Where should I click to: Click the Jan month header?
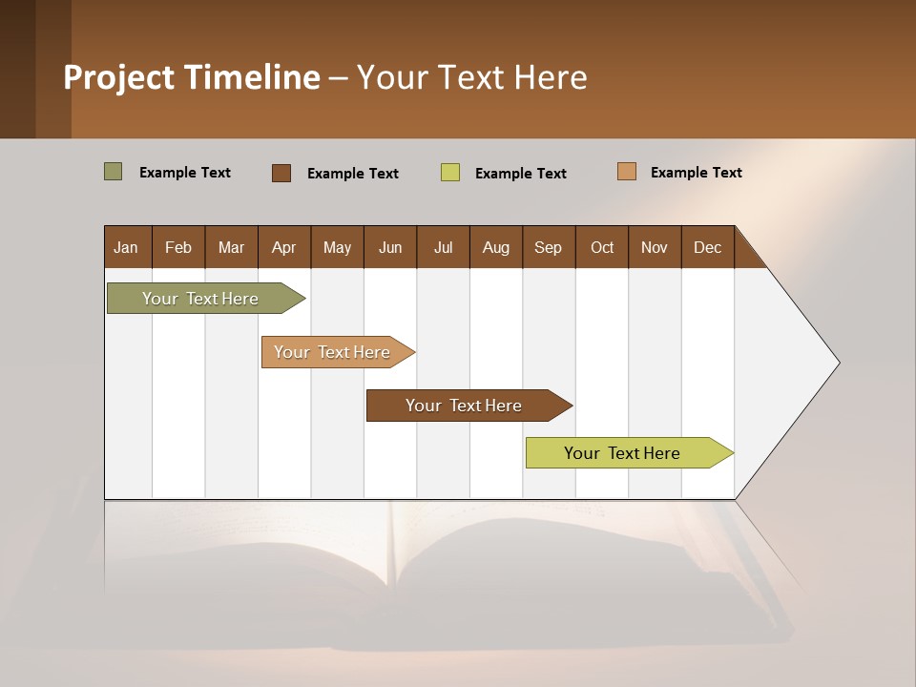point(127,247)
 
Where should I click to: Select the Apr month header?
point(284,247)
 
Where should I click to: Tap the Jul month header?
point(444,247)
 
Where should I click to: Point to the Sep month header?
point(549,247)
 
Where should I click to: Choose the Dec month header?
point(708,247)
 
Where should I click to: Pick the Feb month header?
point(178,247)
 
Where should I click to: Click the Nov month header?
point(655,247)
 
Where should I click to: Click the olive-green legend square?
point(114,172)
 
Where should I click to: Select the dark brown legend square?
point(281,173)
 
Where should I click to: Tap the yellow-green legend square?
point(450,173)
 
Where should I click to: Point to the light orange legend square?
point(627,172)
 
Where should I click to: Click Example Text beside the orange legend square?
point(697,173)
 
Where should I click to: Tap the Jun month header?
point(390,247)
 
